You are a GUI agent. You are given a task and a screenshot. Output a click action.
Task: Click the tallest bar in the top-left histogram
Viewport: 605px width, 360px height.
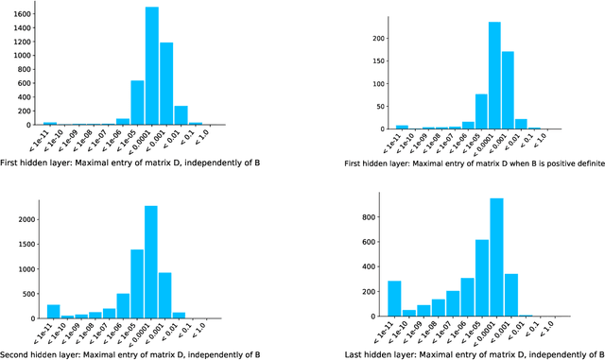tap(151, 66)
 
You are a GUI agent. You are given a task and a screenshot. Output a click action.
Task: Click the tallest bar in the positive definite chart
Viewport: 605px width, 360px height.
tap(493, 76)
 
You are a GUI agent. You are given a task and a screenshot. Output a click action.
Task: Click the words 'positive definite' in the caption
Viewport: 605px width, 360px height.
tap(566, 163)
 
